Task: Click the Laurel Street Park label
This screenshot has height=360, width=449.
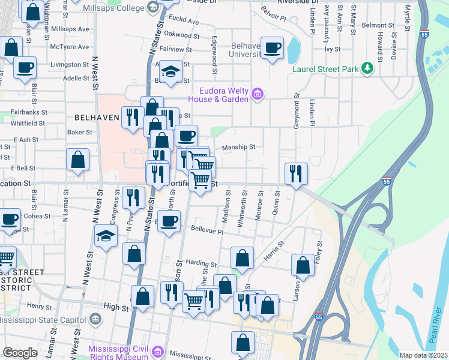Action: [x=325, y=70]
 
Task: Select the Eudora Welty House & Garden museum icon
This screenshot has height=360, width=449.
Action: [x=258, y=93]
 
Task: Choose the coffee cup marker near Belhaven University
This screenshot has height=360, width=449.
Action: [x=273, y=47]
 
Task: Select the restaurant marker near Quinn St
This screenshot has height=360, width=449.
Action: [x=295, y=173]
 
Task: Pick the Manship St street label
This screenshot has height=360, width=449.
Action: [x=239, y=146]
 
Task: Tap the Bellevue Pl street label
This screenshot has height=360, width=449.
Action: [x=207, y=231]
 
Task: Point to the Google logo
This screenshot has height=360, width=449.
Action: [x=20, y=353]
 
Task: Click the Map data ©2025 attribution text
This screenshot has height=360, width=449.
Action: [x=423, y=355]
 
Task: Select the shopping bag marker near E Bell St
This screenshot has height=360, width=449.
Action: [x=78, y=160]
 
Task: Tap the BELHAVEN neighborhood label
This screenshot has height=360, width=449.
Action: [x=98, y=117]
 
